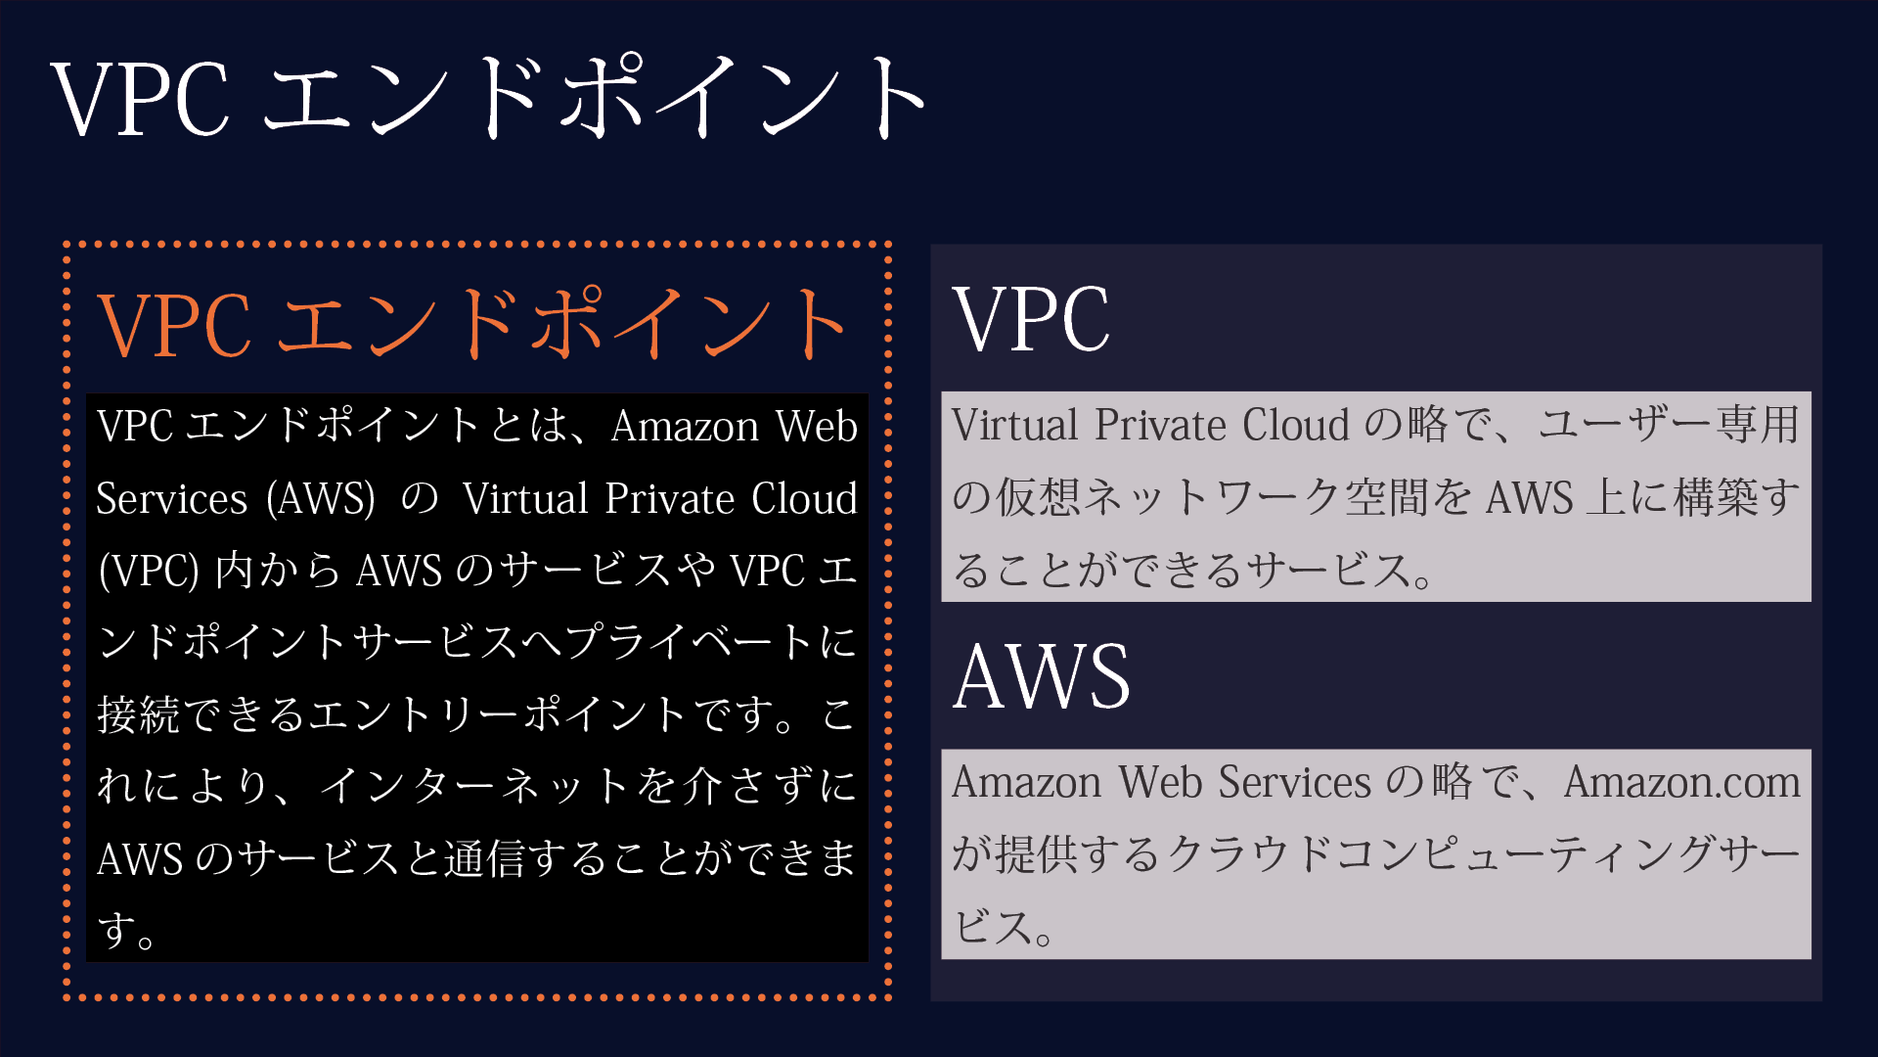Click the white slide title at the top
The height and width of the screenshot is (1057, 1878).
pyautogui.click(x=489, y=98)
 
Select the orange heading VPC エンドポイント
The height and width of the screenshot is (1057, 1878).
pyautogui.click(x=472, y=324)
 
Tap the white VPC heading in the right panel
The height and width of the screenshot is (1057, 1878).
pyautogui.click(x=1031, y=319)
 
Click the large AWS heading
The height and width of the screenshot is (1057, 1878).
pyautogui.click(x=1041, y=676)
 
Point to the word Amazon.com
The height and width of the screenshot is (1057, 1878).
pyautogui.click(x=1681, y=783)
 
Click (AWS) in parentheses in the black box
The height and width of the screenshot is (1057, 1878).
pyautogui.click(x=321, y=499)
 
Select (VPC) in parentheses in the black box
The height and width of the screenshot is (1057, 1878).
pyautogui.click(x=149, y=572)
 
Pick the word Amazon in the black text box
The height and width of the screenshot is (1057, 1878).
pyautogui.click(x=685, y=428)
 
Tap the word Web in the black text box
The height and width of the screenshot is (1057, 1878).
pyautogui.click(x=817, y=428)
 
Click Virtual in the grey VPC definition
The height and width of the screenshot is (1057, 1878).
pyautogui.click(x=1014, y=426)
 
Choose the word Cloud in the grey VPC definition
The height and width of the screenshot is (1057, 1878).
pyautogui.click(x=1296, y=426)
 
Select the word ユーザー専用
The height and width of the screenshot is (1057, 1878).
pyautogui.click(x=1669, y=426)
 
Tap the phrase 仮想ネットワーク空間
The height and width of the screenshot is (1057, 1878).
pyautogui.click(x=1212, y=498)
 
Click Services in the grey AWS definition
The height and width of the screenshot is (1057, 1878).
pyautogui.click(x=1294, y=783)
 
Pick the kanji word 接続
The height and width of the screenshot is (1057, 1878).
pyautogui.click(x=138, y=715)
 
